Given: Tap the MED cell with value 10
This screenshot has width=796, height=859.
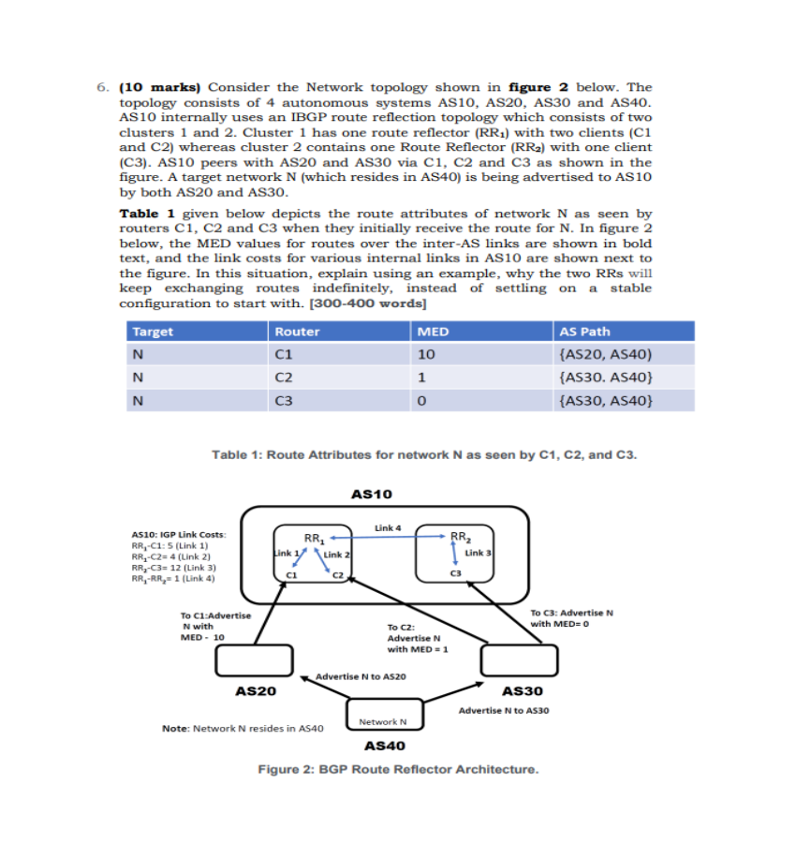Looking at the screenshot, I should pyautogui.click(x=426, y=355).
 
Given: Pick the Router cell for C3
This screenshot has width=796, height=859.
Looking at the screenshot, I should pyautogui.click(x=285, y=401).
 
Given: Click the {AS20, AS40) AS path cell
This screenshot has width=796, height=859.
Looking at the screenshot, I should pyautogui.click(x=604, y=355).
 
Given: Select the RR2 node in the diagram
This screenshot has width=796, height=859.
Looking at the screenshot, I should pyautogui.click(x=460, y=537).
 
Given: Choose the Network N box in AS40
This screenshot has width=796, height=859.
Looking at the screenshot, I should pyautogui.click(x=383, y=721).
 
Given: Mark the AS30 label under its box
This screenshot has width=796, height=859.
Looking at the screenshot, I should pyautogui.click(x=523, y=691).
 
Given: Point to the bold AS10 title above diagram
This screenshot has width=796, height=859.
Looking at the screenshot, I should pyautogui.click(x=372, y=493).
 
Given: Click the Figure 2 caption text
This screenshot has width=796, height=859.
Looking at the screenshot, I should pyautogui.click(x=398, y=769).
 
